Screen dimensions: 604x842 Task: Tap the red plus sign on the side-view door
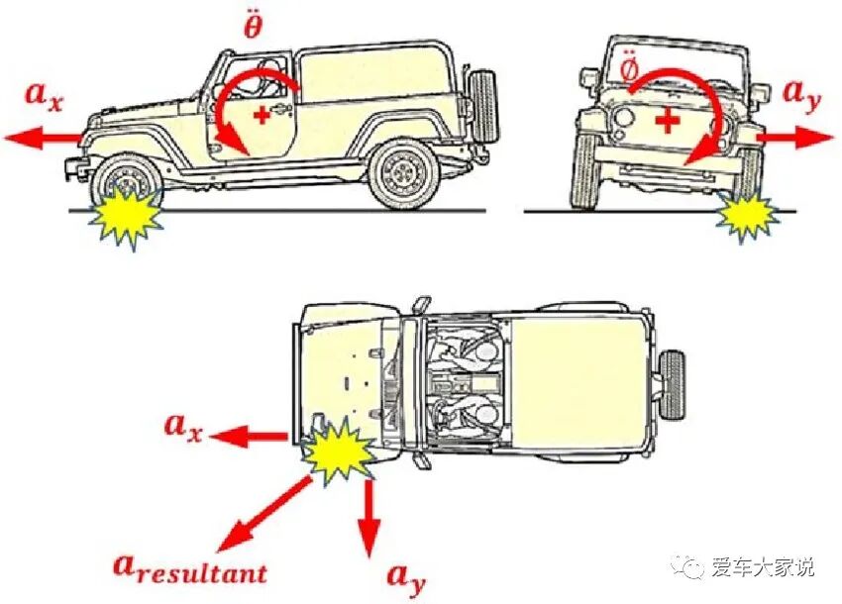pos(262,116)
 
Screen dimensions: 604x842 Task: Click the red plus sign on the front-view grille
pos(670,121)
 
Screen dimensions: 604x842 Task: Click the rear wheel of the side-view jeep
pos(403,174)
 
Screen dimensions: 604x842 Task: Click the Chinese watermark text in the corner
pos(763,567)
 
